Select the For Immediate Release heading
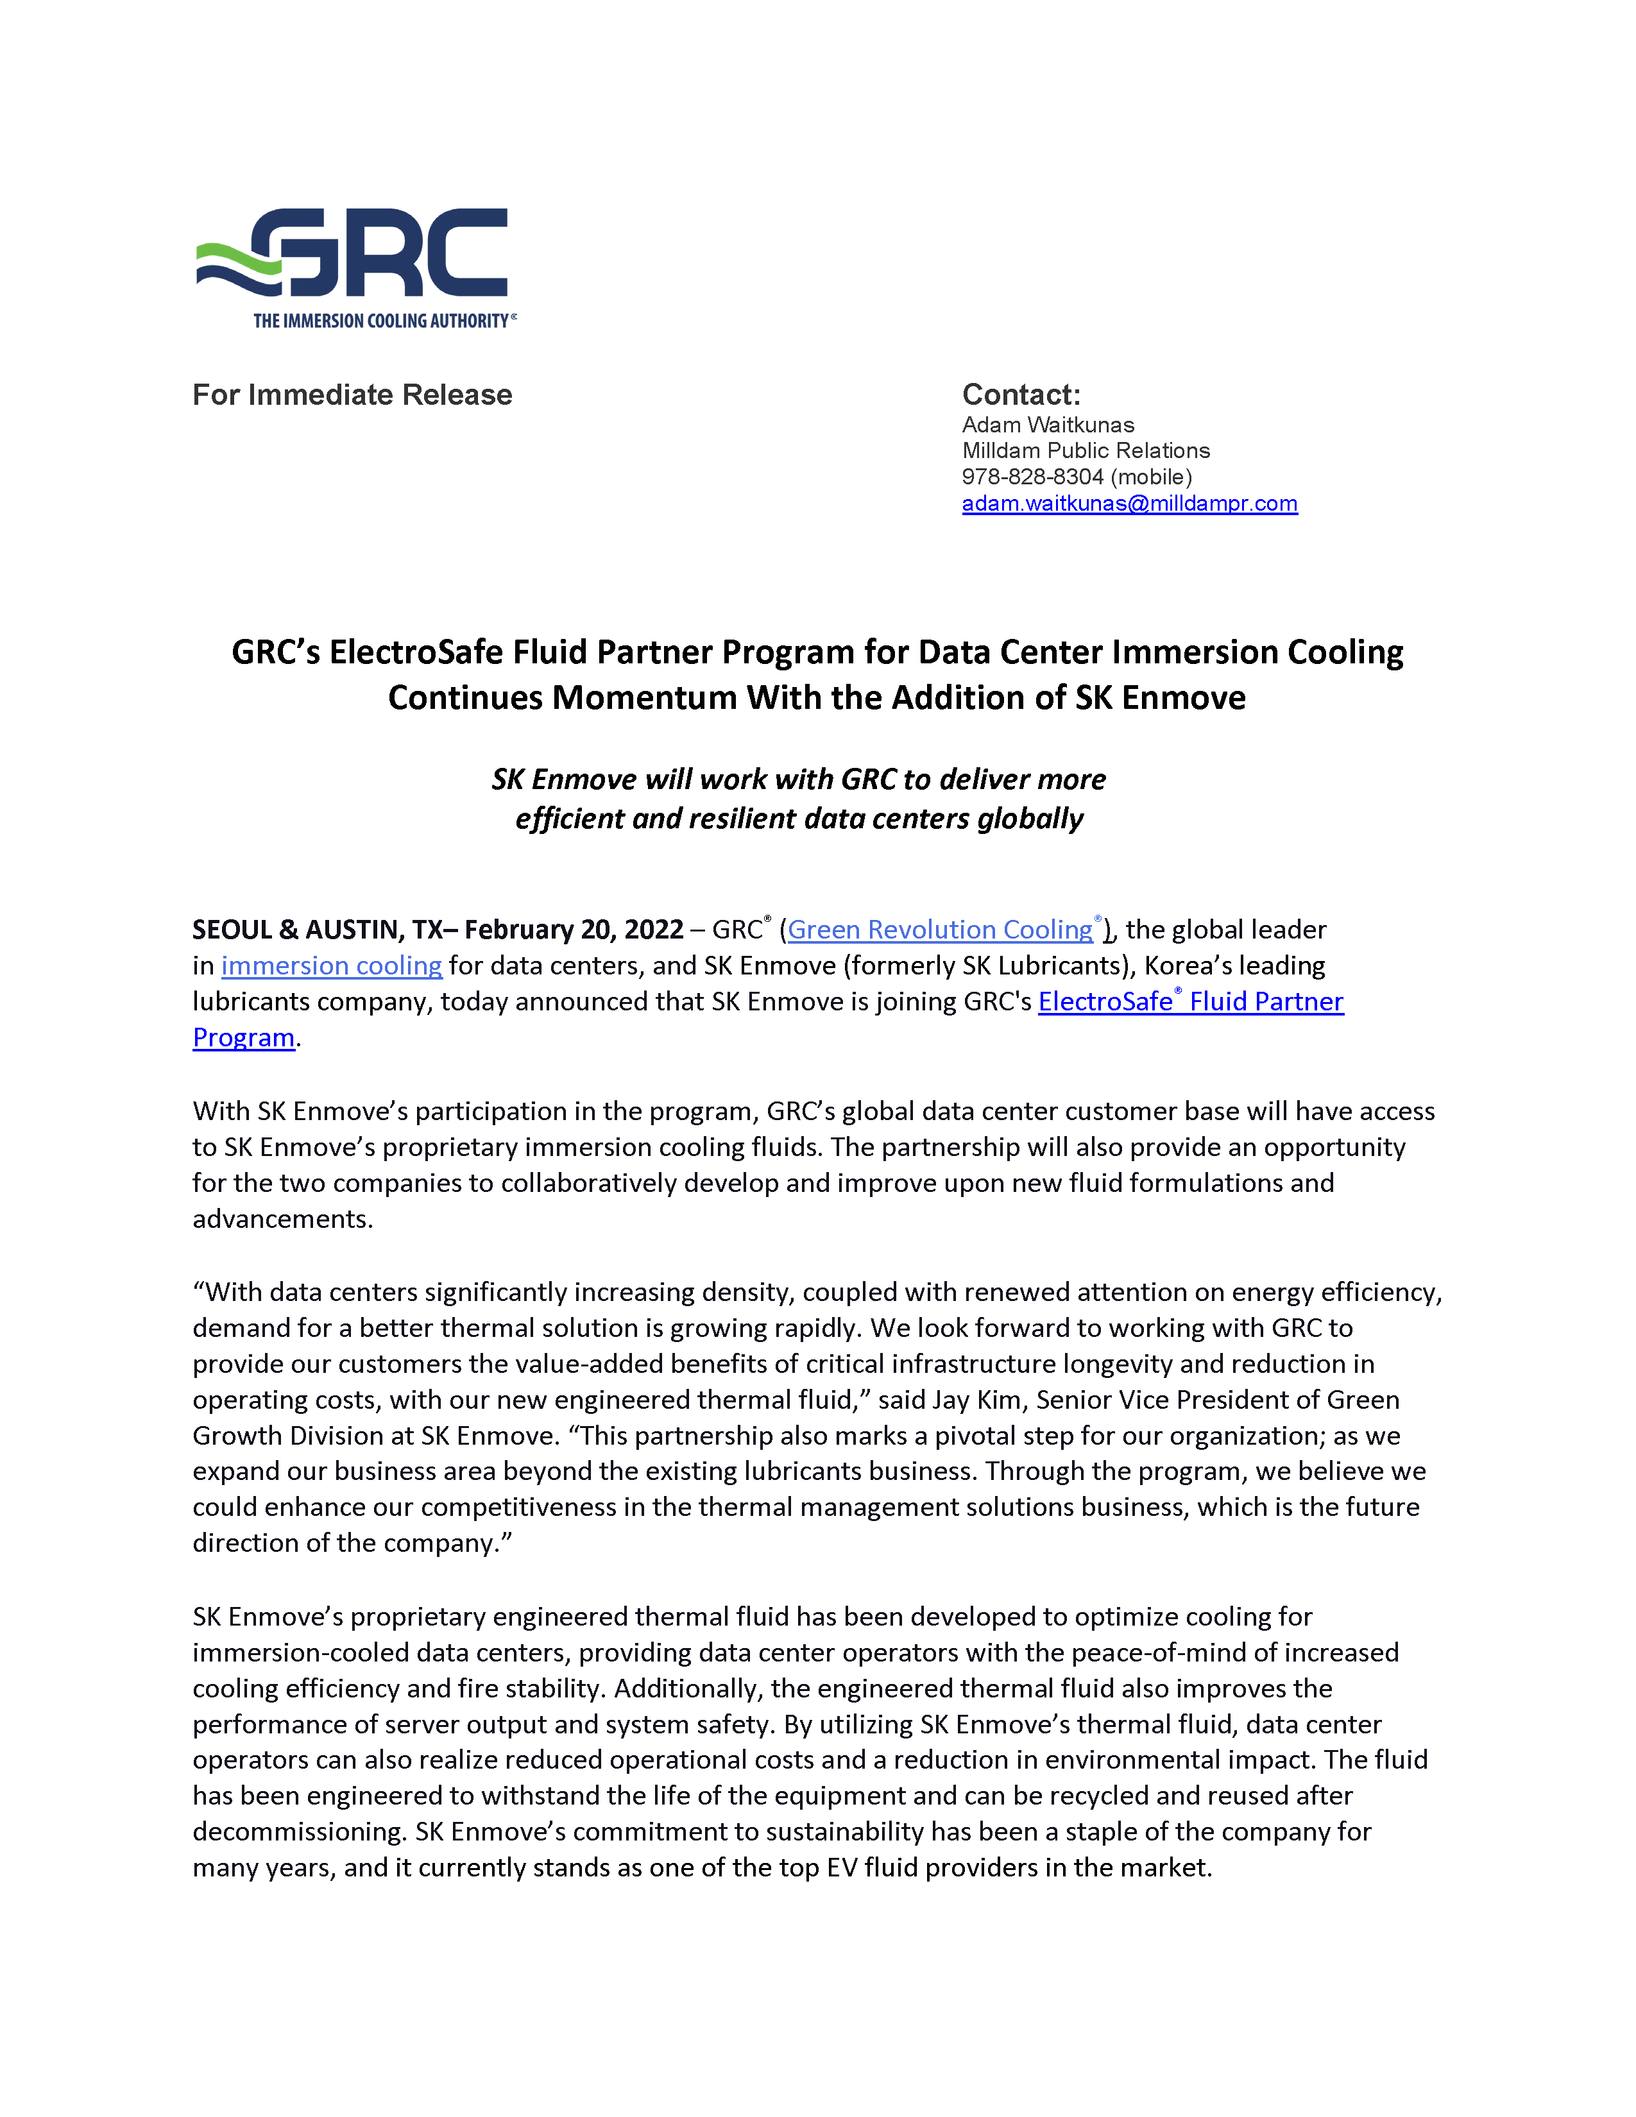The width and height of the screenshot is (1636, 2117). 352,395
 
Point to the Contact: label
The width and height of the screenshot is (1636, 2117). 1021,395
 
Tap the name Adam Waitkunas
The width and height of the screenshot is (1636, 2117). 1048,425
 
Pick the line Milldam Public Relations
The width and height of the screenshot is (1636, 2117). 1086,451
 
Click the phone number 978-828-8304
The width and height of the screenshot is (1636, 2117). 1032,477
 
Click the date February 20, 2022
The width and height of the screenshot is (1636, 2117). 574,930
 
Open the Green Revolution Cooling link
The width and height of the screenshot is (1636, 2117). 940,930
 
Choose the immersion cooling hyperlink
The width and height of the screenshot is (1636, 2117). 332,965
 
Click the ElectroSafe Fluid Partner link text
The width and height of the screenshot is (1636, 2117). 1190,1001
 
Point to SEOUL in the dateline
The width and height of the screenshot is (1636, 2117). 232,930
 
